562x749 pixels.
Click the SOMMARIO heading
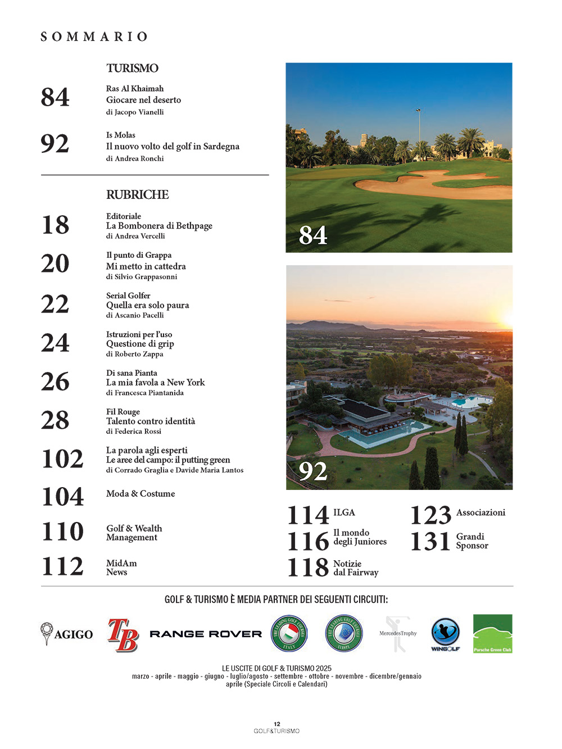94,37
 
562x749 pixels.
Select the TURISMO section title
133,68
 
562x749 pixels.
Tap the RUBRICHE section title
137,194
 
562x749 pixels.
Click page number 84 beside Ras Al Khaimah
55,97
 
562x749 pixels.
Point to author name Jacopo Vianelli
139,112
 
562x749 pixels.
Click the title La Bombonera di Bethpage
159,226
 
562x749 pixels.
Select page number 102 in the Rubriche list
62,459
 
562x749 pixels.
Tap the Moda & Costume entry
140,493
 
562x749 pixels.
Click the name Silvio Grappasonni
146,276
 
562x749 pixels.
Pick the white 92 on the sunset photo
313,471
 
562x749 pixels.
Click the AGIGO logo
67,634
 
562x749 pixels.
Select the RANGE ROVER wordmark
206,634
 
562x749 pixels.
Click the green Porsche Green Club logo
492,634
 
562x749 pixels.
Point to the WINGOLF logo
445,634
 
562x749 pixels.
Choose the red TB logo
123,634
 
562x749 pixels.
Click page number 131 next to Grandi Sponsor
430,541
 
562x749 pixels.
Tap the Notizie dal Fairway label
355,568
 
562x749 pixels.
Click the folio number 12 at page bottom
277,724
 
